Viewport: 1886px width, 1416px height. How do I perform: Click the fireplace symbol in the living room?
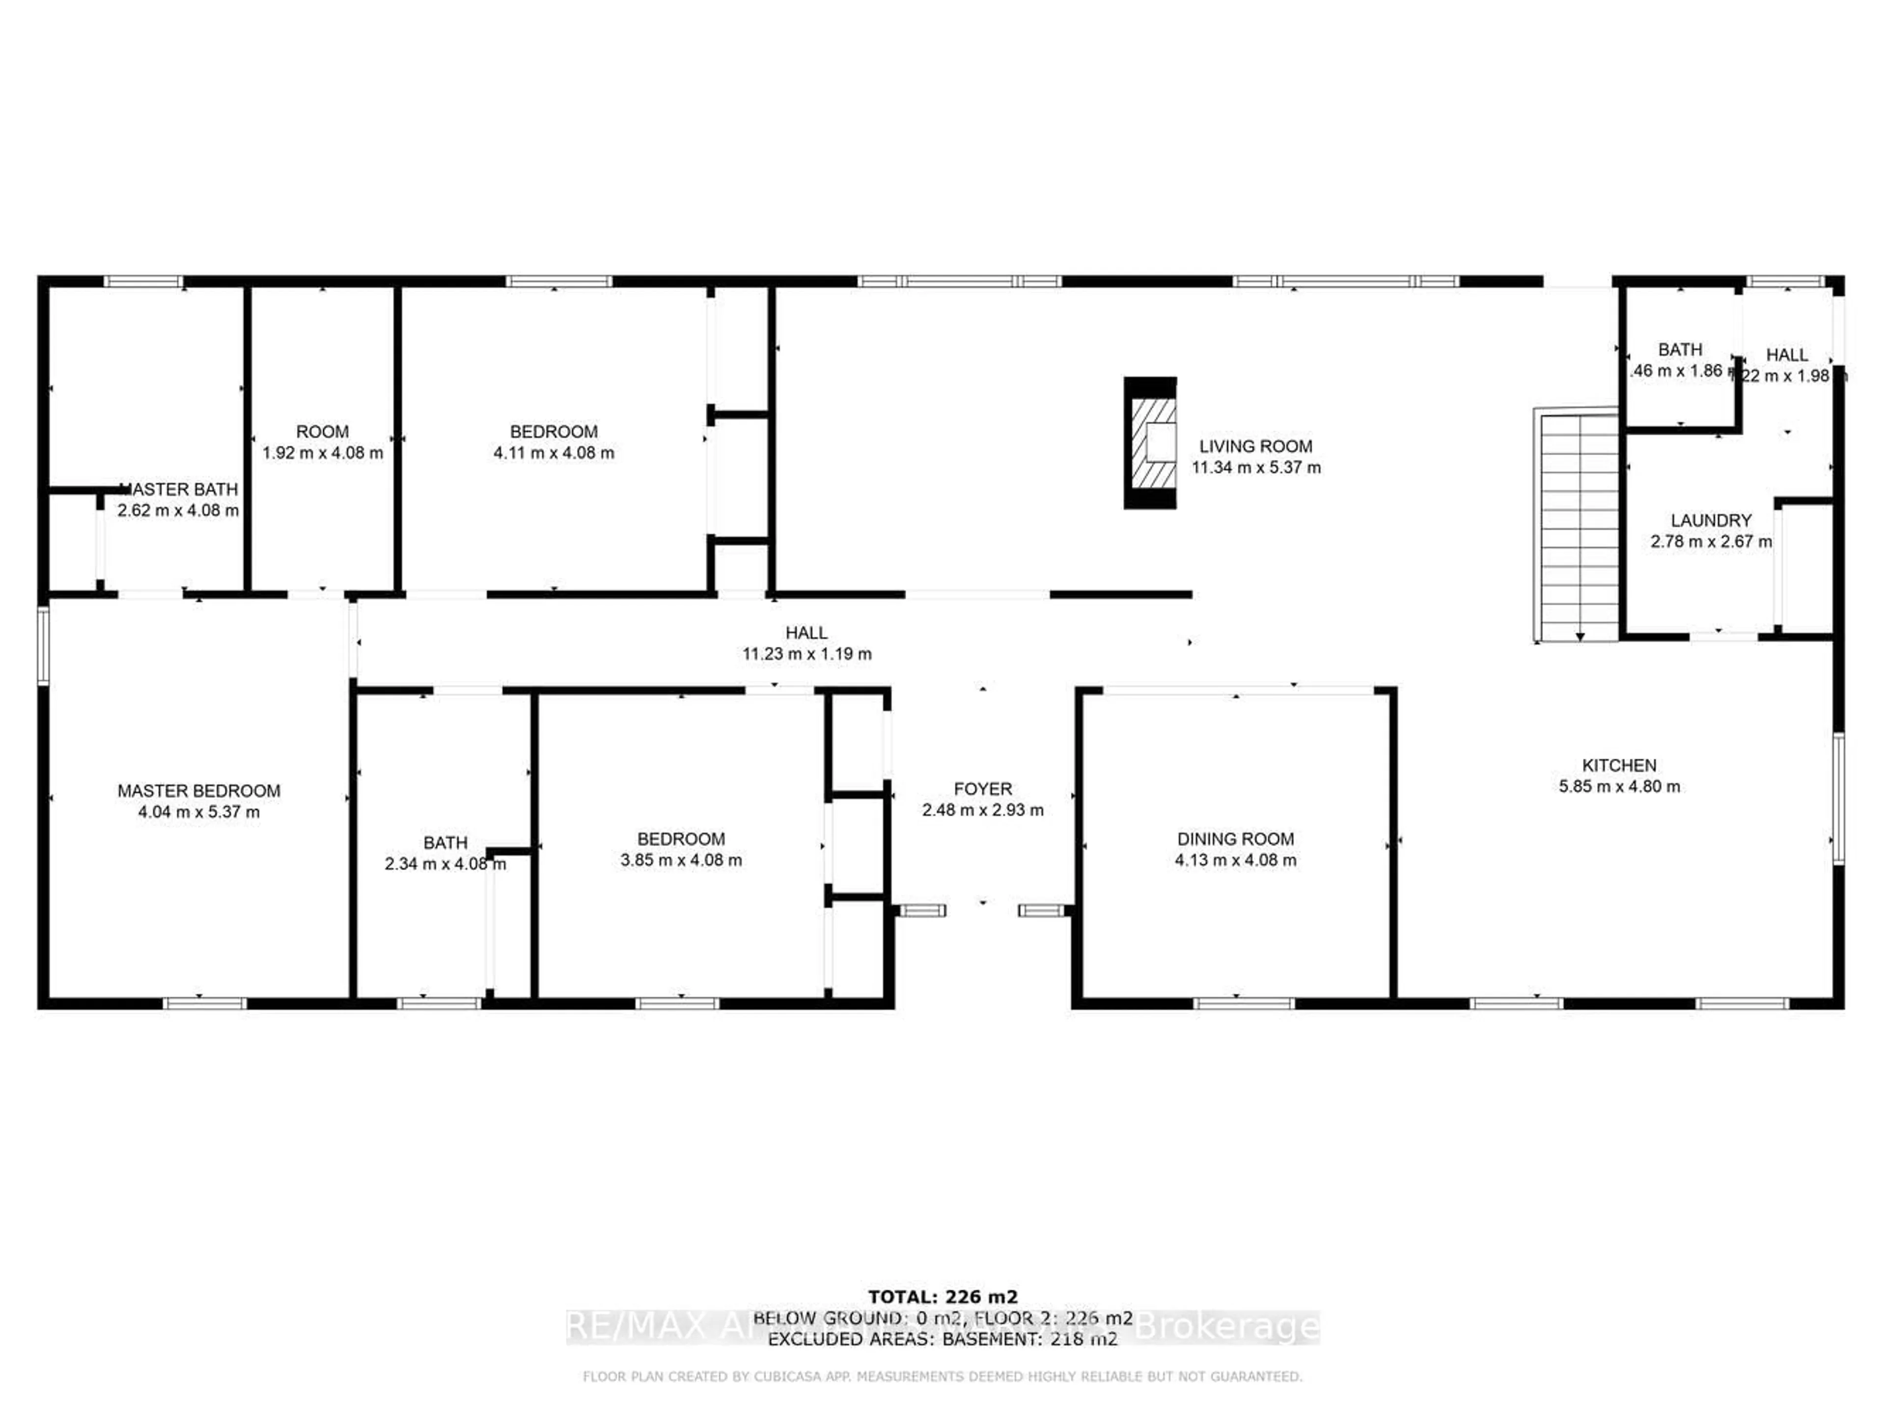[1150, 443]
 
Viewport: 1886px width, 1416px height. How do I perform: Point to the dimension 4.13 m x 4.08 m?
[1235, 860]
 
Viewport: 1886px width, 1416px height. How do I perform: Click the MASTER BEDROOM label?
[198, 791]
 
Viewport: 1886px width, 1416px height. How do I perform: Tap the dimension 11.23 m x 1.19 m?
[806, 654]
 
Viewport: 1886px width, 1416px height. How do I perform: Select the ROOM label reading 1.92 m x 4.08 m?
[322, 432]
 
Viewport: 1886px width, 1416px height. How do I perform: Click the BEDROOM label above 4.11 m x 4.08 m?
[554, 432]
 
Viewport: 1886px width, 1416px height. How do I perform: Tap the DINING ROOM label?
[1235, 838]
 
